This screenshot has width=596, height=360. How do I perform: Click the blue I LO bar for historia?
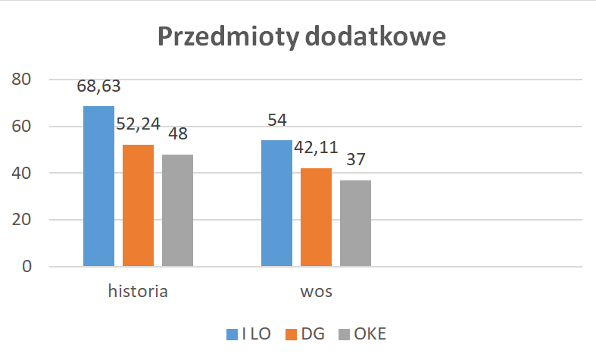coord(98,186)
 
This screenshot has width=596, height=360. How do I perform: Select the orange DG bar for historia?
coord(138,205)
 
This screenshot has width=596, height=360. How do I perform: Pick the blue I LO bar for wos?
coord(276,203)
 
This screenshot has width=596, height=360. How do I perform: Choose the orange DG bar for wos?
coord(316,218)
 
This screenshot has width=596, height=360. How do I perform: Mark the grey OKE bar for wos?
coord(355,224)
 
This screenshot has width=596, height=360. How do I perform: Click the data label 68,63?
coord(98,86)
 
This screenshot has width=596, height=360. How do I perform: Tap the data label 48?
coord(177,134)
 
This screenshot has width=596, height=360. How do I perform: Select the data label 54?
coord(276,121)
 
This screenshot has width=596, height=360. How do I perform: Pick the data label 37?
coord(355,160)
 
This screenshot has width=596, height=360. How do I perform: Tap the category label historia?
coord(137,292)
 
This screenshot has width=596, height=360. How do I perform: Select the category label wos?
coord(316,292)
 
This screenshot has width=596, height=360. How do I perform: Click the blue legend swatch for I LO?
coord(233,333)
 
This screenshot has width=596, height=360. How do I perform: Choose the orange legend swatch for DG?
coord(292,333)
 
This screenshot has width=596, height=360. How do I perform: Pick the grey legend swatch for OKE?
coord(345,333)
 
